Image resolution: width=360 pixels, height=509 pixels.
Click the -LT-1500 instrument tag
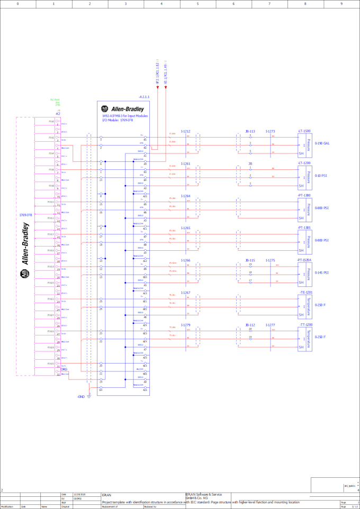click(x=304, y=131)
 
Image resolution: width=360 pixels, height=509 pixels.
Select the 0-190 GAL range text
click(x=322, y=143)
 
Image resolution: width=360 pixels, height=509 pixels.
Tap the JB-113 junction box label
click(x=250, y=131)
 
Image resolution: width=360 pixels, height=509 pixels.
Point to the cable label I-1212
click(x=185, y=131)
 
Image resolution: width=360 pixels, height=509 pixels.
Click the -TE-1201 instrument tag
click(x=305, y=292)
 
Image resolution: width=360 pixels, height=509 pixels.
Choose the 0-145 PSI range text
click(x=322, y=272)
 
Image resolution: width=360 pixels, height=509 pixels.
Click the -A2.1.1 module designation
click(x=143, y=97)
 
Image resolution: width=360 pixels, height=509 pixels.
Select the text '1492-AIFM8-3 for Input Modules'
click(x=125, y=116)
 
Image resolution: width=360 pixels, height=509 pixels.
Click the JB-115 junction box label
click(x=250, y=260)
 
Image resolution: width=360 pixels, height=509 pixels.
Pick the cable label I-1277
click(x=270, y=324)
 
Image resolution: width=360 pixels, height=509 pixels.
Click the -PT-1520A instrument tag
click(x=305, y=260)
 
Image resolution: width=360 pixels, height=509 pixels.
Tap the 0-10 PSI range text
click(x=321, y=176)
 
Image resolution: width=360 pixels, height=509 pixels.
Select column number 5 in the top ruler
click(x=197, y=3)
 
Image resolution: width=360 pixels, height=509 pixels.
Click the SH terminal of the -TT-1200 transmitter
click(x=301, y=348)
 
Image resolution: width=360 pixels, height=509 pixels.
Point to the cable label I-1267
click(x=185, y=292)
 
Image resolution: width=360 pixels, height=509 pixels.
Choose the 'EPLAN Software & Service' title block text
click(x=203, y=494)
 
